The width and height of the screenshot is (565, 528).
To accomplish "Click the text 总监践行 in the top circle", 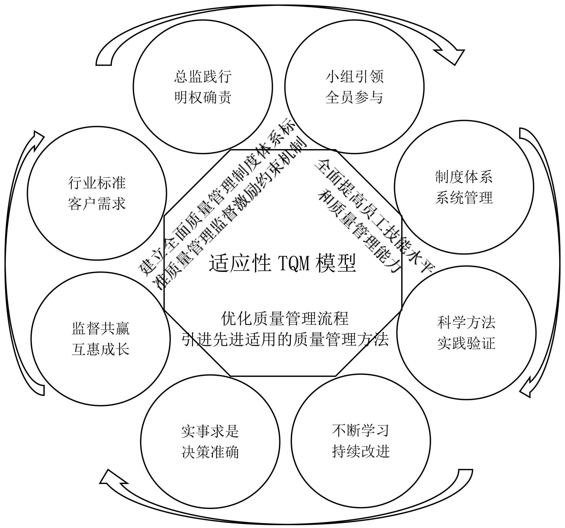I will (203, 77).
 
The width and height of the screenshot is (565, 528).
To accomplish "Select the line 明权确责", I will (203, 97).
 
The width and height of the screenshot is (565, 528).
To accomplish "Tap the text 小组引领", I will (355, 77).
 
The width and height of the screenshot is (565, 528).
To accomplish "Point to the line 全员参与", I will (355, 97).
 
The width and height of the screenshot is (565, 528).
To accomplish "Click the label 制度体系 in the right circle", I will (464, 177).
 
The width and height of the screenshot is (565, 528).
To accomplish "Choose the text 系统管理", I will (464, 198).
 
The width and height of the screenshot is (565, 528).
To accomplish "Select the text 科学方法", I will (466, 322).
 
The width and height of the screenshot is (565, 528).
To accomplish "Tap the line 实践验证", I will (466, 343).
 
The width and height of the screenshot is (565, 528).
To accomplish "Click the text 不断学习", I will (360, 431).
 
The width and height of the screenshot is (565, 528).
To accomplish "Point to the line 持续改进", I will (360, 451).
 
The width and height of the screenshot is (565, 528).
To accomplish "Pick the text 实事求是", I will (210, 431).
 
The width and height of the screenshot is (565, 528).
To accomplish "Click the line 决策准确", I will (210, 452).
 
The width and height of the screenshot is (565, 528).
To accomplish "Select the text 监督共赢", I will (101, 329).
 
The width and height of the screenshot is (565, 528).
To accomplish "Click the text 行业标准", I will (97, 183).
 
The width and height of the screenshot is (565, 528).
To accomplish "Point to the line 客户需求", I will (97, 204).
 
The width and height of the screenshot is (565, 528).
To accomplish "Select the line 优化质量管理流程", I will (284, 319).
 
